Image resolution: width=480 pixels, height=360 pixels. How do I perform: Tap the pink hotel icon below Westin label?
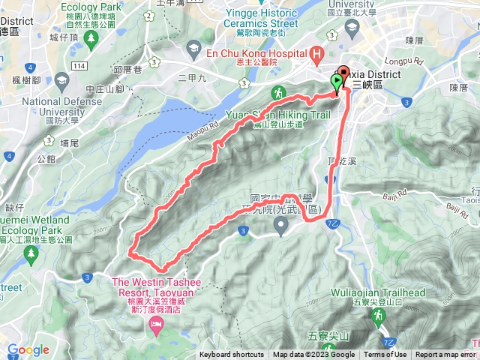click(157, 323)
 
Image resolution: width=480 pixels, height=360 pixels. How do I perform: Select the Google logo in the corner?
click(28, 349)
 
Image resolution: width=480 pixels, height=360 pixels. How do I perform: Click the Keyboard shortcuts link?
click(232, 355)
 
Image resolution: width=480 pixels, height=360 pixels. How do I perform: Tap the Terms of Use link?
click(385, 355)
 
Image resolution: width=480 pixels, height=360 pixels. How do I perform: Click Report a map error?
click(445, 355)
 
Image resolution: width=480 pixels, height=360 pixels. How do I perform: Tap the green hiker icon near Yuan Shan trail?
click(278, 93)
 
